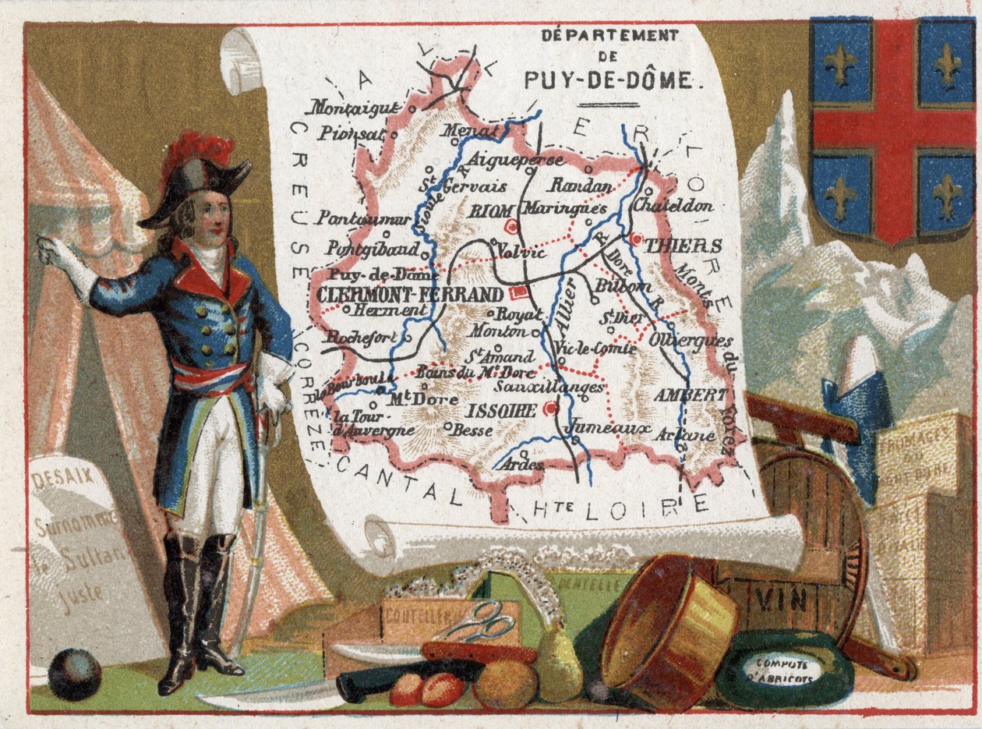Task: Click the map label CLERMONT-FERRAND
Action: pos(409,295)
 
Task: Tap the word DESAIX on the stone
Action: pos(62,472)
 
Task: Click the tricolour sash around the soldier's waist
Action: pos(210,377)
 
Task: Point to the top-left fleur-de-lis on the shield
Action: pos(841,65)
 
